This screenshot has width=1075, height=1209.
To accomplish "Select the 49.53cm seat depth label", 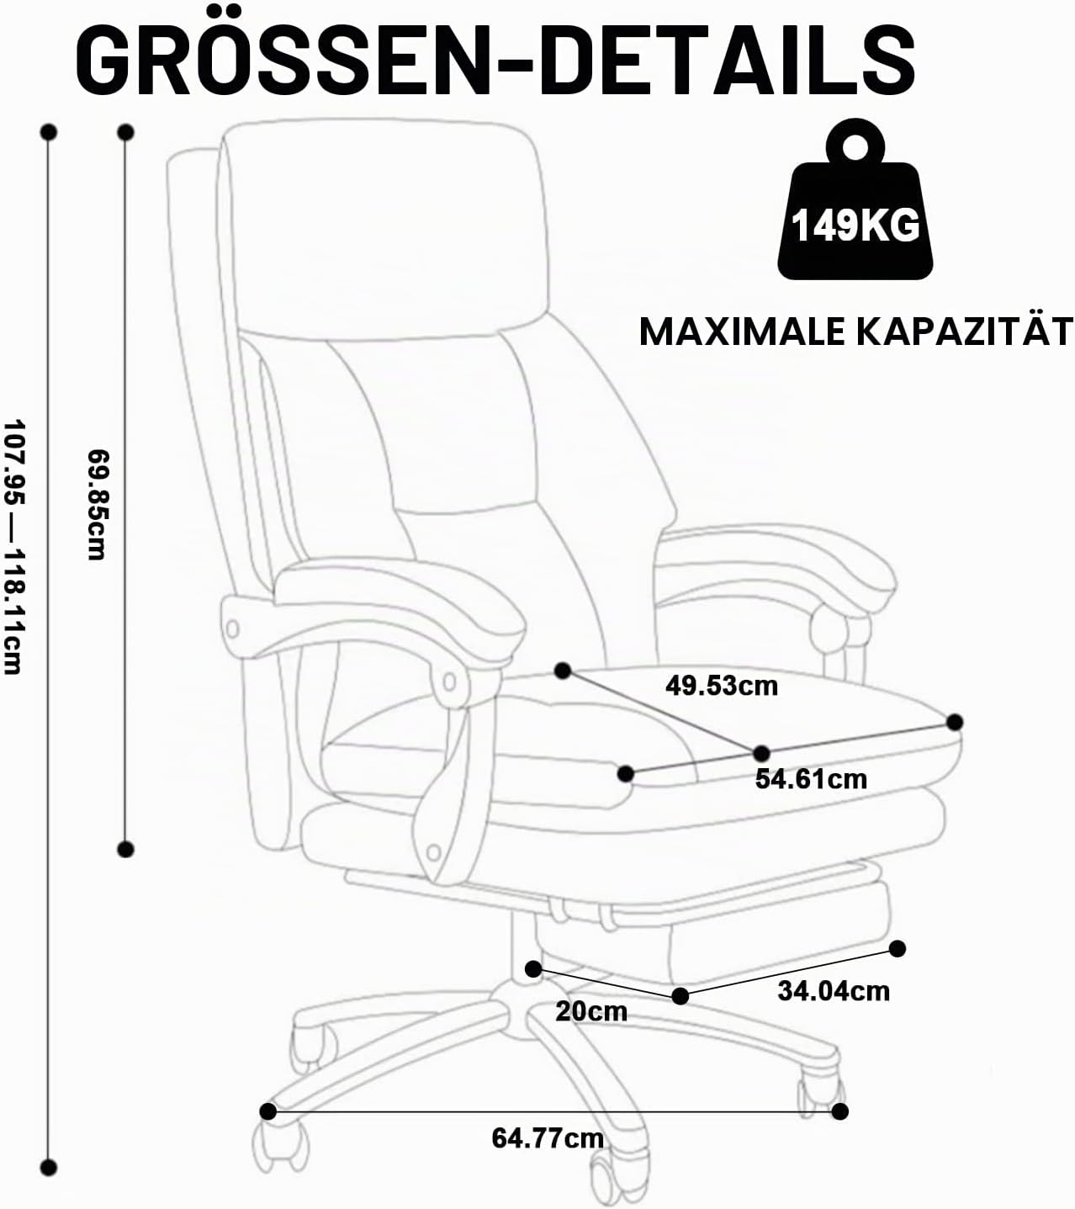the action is coord(722,686).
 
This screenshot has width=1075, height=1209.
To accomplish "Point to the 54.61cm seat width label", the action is coord(812,779).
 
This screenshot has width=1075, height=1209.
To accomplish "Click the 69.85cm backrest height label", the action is coord(98,505).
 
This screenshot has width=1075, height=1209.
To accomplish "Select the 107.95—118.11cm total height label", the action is coord(13,547).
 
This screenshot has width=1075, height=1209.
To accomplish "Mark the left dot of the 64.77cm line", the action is coord(268,1111).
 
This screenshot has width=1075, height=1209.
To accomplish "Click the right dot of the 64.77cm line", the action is coord(840,1111).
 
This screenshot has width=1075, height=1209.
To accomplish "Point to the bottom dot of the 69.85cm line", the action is coord(125,849).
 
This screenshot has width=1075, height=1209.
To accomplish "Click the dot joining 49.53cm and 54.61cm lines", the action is coord(761,752).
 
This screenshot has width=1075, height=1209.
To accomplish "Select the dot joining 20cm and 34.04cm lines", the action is coord(680,996).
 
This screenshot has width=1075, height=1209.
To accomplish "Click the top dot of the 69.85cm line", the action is coord(125,132).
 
